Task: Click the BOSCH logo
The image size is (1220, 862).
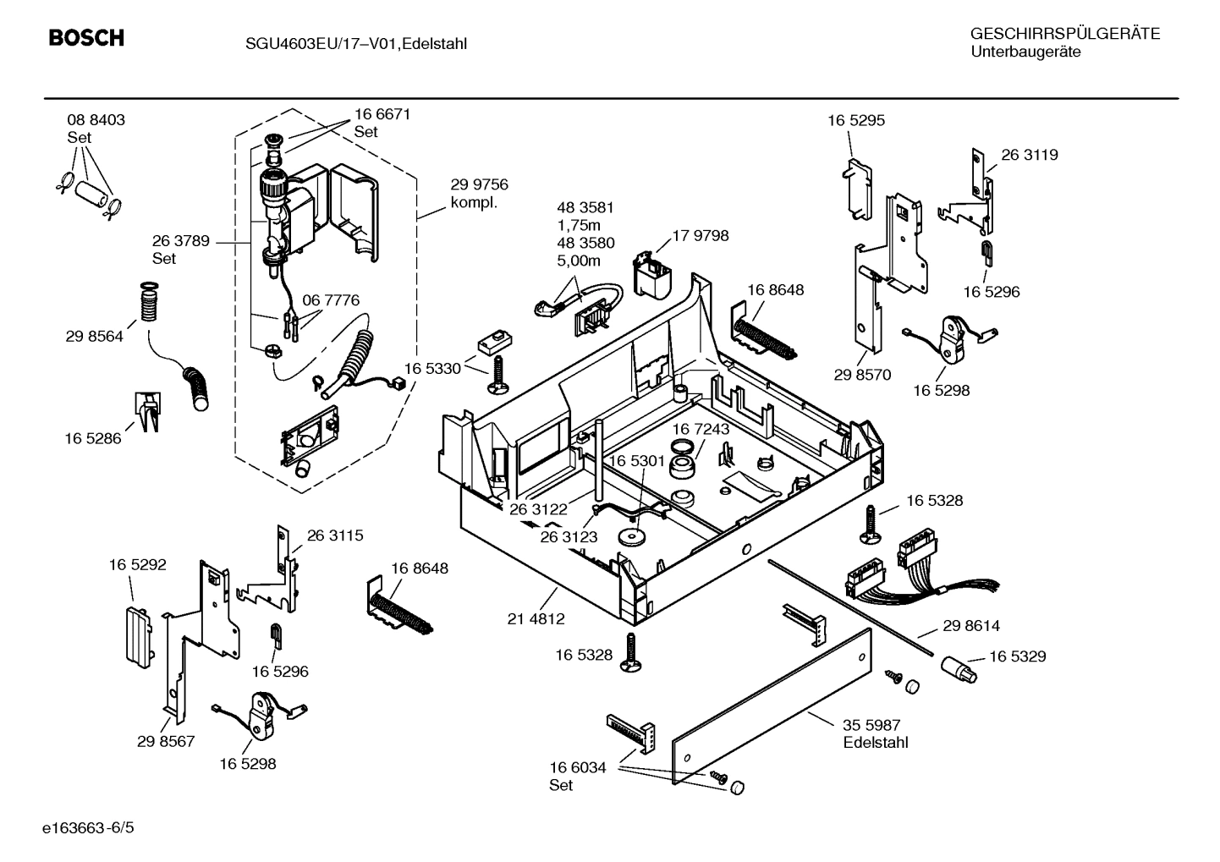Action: point(86,38)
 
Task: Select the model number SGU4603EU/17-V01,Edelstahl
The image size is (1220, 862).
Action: point(349,43)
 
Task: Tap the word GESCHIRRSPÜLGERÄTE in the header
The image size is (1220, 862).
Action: point(1064,34)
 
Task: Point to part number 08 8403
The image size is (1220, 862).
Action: point(96,120)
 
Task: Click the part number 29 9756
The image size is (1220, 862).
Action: point(479,185)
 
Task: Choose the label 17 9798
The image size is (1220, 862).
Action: point(700,235)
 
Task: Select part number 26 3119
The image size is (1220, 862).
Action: point(1029,155)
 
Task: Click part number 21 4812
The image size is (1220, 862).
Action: point(536,618)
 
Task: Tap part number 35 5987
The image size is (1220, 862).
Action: point(871,725)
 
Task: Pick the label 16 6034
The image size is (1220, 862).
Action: point(578,767)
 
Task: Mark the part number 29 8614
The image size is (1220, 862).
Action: point(970,626)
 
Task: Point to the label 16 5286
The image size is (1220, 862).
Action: point(93,438)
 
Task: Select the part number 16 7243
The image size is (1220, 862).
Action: point(701,429)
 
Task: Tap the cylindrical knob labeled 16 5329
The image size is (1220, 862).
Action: point(959,670)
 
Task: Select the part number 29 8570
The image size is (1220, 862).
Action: point(862,375)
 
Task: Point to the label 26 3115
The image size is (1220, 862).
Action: point(334,535)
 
